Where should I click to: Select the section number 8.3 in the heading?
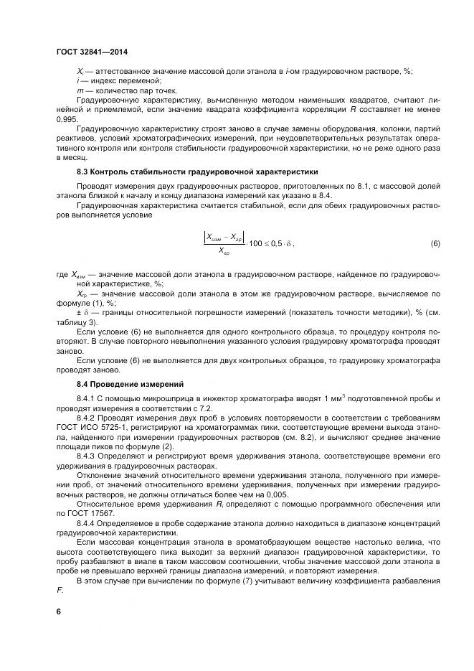[84, 172]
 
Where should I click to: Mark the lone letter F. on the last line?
[60, 590]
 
